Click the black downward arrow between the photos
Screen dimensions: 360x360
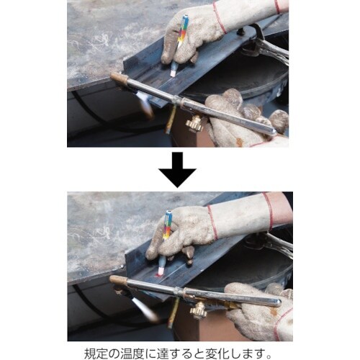pyautogui.click(x=179, y=170)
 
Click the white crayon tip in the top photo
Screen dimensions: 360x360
pyautogui.click(x=174, y=71)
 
